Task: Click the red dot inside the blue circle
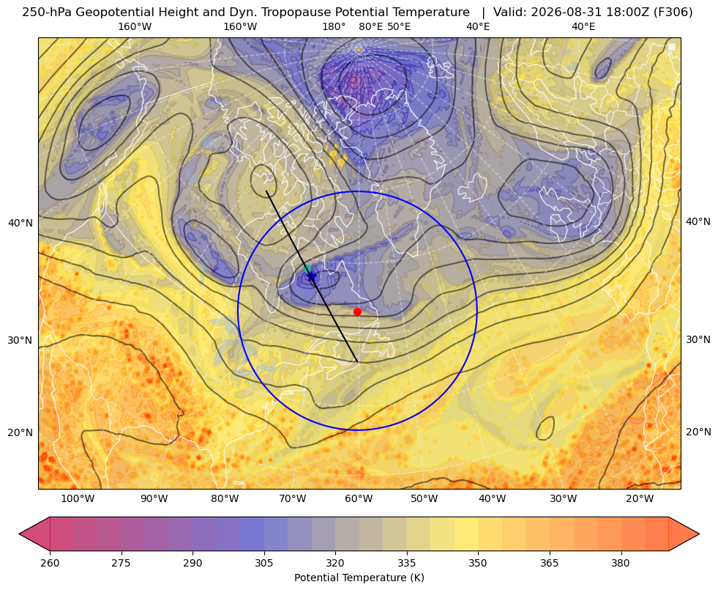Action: point(357,311)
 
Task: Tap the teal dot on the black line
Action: point(307,269)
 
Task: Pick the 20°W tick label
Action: point(640,499)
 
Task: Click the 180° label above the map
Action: point(334,26)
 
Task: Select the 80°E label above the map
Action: point(370,26)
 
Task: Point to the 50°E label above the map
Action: point(399,26)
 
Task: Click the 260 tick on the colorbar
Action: point(50,563)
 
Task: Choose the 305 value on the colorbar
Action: point(263,563)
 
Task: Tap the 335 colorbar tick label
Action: point(407,563)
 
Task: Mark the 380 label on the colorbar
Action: point(621,563)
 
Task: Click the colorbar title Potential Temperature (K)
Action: point(359,578)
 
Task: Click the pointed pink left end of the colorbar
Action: point(19,534)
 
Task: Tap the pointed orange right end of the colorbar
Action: point(699,534)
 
